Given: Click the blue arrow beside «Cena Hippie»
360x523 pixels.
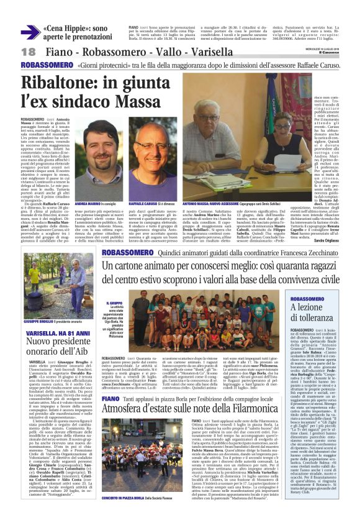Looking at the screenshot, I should (30, 32).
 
